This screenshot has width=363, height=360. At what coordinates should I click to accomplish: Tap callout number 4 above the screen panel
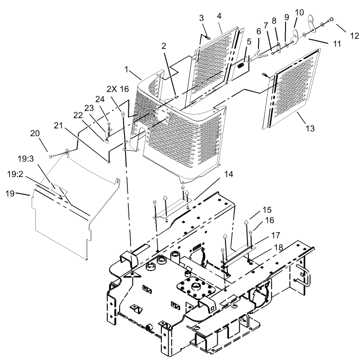[219, 16]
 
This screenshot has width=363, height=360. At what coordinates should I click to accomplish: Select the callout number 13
[310, 128]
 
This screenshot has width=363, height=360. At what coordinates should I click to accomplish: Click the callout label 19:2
[16, 174]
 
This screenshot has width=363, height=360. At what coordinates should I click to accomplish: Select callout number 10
[299, 11]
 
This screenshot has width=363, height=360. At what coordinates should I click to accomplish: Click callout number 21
[57, 125]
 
